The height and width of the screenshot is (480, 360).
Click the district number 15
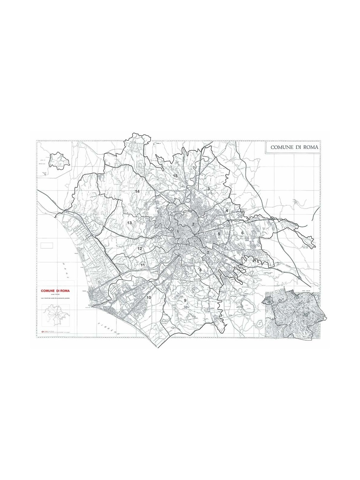pos(175,175)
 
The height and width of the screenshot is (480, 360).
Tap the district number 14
pos(137,191)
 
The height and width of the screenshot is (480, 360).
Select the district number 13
pos(130,223)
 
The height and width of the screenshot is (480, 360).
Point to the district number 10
pos(149,297)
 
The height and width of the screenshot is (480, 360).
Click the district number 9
pos(185,300)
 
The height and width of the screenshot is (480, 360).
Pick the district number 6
pos(242,233)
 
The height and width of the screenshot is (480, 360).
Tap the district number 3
pos(208,189)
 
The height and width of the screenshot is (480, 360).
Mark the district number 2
pos(193,224)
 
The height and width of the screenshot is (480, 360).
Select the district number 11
pos(143,265)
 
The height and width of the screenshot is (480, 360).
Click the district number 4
pos(227,211)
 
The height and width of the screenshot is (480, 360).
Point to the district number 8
pos(200,270)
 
